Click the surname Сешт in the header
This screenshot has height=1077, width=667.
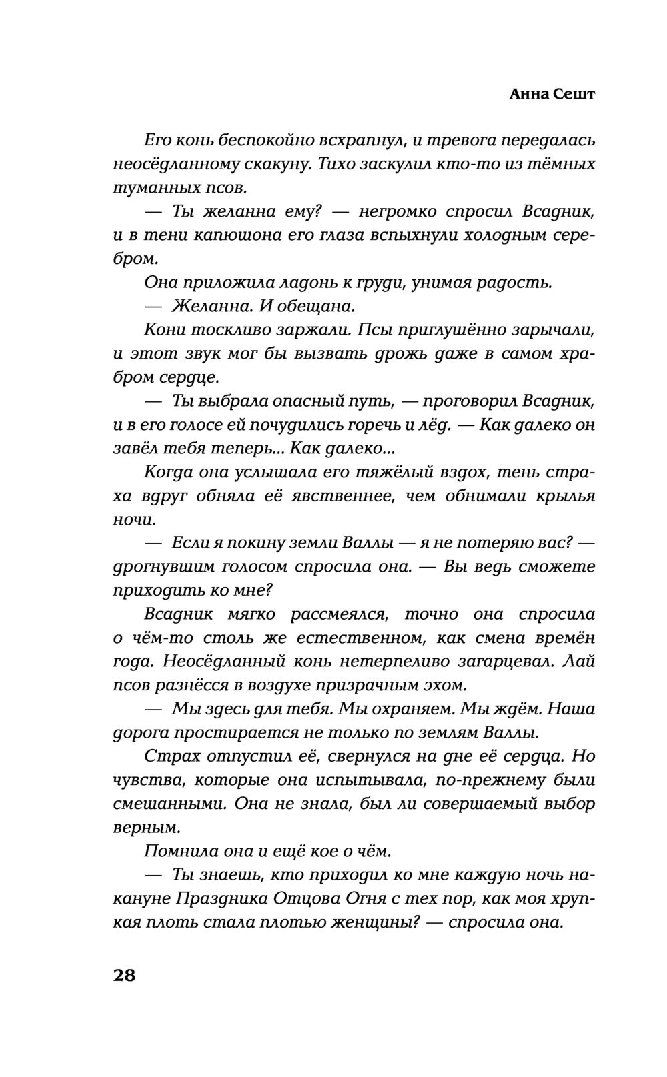(x=574, y=94)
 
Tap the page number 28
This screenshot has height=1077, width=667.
(x=125, y=975)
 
